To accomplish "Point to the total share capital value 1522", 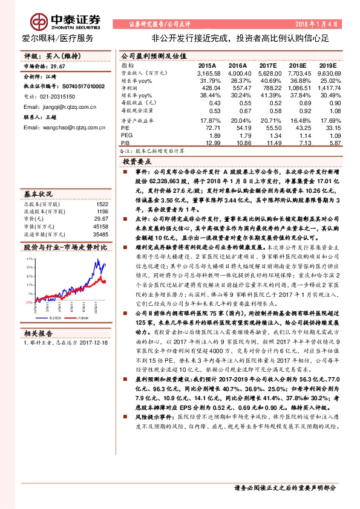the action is click(x=102, y=204).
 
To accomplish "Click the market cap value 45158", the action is click(x=100, y=227).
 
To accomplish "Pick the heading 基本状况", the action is click(x=39, y=194).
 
